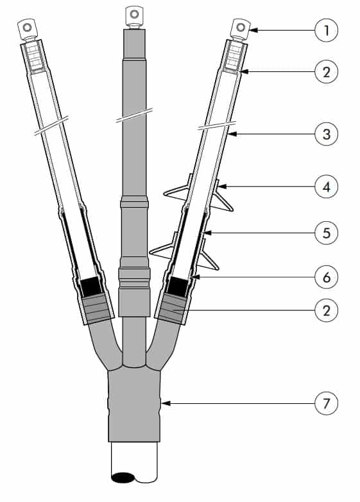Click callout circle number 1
tap(327, 30)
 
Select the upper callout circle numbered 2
tap(327, 72)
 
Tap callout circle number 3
tap(327, 134)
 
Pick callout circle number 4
tap(327, 187)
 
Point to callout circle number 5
tap(327, 233)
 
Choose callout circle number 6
tap(327, 277)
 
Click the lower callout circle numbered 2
tap(327, 310)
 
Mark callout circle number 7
tap(327, 403)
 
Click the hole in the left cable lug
tap(28, 27)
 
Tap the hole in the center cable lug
tap(134, 13)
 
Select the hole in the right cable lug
tap(241, 27)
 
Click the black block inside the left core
tap(90, 287)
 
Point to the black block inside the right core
tap(178, 287)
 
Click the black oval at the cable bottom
tap(123, 478)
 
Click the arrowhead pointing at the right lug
tap(253, 30)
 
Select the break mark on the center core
tap(134, 115)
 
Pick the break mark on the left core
tap(51, 126)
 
